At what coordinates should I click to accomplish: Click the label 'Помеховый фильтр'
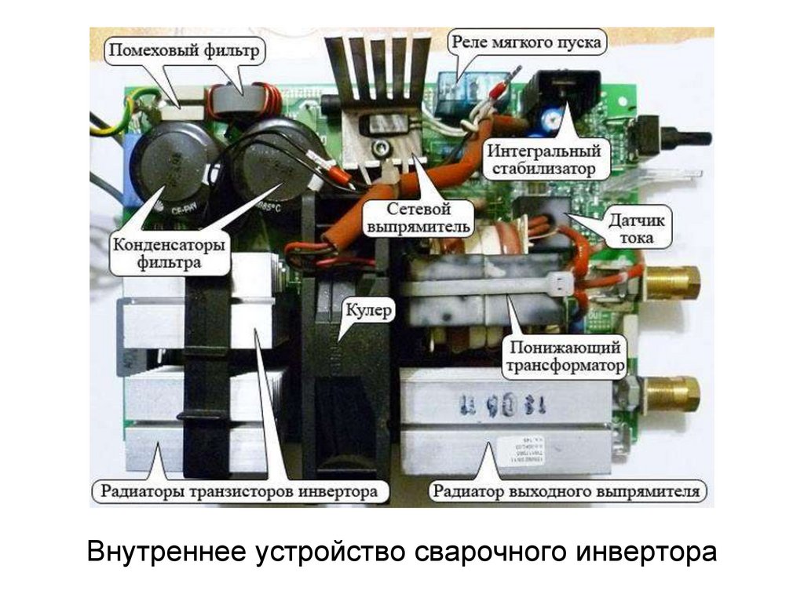[x=184, y=53]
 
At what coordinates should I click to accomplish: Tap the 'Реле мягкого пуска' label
[x=526, y=42]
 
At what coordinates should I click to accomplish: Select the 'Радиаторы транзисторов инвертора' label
[x=239, y=493]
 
